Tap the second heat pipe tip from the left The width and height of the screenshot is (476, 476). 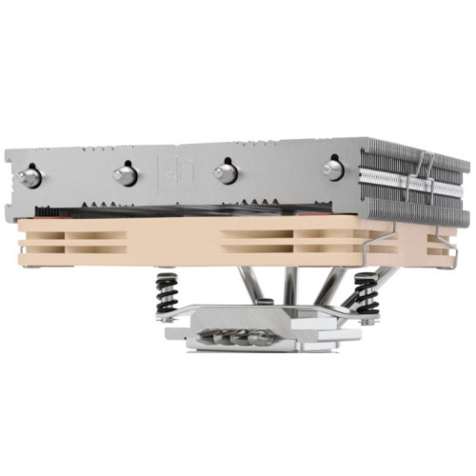[125, 173]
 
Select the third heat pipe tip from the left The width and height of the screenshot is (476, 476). [225, 171]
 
